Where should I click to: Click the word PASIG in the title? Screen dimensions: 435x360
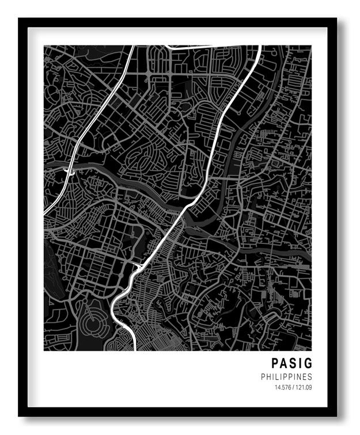coord(292,364)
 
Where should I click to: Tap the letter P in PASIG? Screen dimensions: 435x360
coord(275,364)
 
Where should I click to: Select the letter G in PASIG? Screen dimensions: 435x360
coord(308,364)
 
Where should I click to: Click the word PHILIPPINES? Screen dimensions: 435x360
coord(286,377)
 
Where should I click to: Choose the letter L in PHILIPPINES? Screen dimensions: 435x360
coord(280,377)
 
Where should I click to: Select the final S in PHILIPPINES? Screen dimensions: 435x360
coord(310,377)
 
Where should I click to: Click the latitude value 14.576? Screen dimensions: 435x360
coord(283,387)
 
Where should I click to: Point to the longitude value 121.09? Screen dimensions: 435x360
coord(304,387)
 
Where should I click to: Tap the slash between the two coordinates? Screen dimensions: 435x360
coord(294,387)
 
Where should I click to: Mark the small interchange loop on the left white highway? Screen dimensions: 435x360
coord(71,171)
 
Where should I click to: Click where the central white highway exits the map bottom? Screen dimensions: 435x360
coord(135,349)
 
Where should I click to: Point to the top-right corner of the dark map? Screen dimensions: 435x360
coord(311,46)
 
